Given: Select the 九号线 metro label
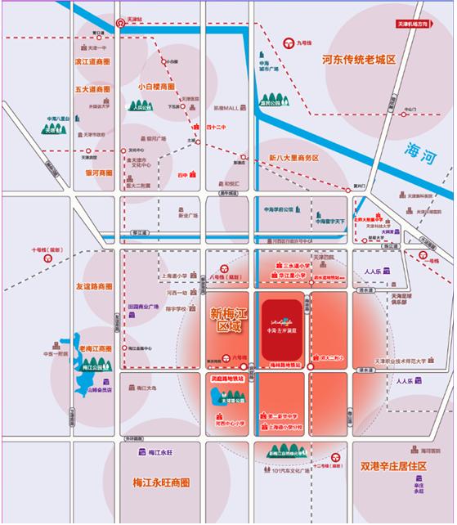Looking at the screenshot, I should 304,43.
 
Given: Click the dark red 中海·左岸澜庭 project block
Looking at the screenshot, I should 281,327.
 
